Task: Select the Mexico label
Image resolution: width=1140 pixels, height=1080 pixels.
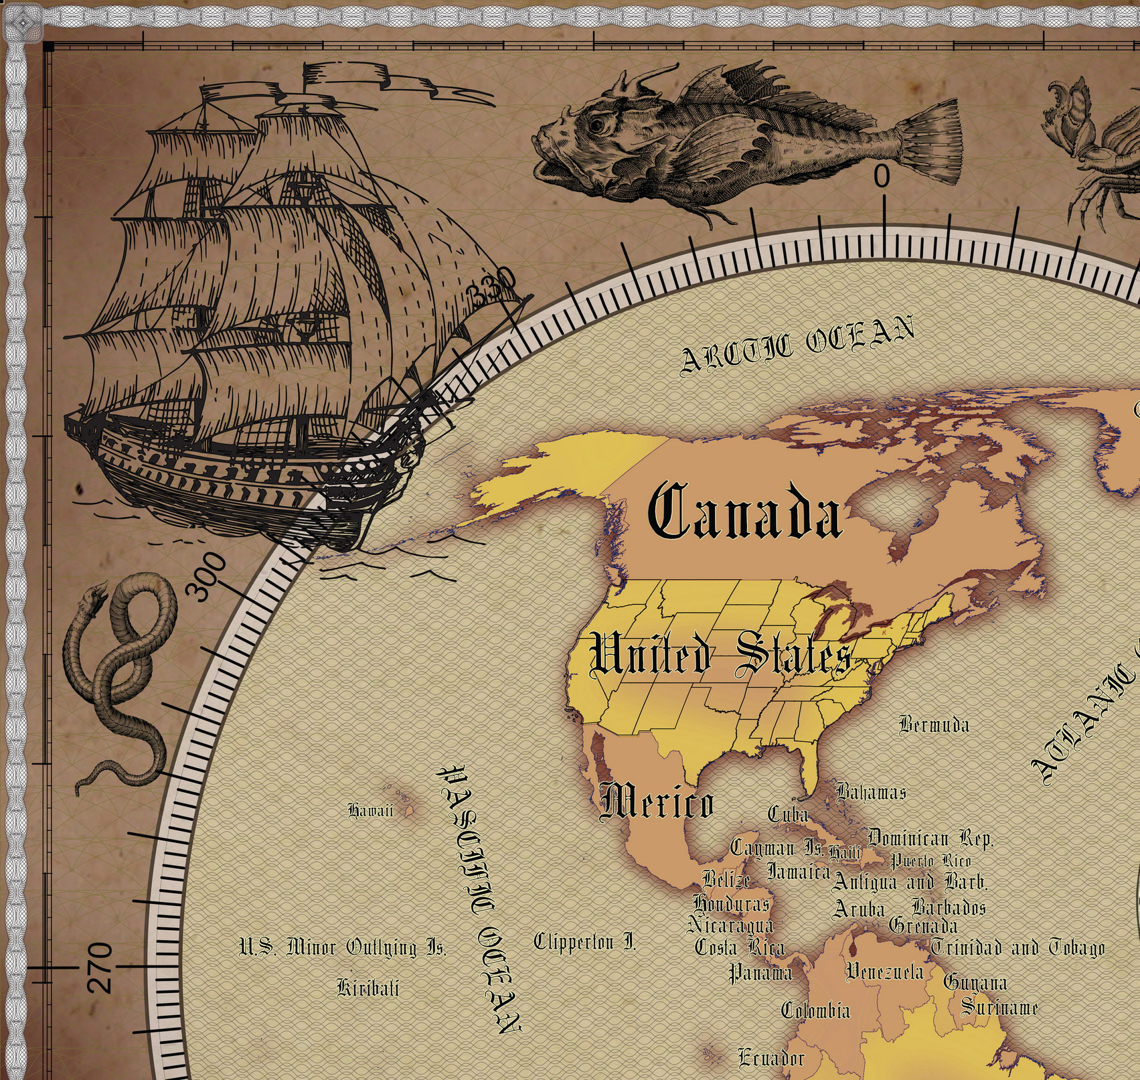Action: click(657, 802)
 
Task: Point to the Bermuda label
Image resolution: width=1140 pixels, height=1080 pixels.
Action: click(934, 724)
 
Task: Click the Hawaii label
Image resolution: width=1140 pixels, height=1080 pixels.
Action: click(370, 811)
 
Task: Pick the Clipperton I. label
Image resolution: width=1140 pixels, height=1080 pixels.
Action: click(584, 943)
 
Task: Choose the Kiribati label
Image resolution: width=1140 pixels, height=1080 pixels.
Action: click(368, 988)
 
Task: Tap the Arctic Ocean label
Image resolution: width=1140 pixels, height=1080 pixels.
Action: click(797, 344)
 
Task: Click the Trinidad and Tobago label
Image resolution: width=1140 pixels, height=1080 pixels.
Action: click(1017, 948)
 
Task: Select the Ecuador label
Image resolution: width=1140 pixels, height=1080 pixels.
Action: click(771, 1058)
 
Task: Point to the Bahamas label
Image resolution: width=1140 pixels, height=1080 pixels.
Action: click(871, 792)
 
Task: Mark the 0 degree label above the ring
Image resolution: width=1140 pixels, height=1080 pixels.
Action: click(882, 177)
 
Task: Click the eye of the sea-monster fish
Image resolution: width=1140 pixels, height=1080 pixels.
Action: click(595, 124)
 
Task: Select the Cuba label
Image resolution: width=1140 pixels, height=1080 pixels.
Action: click(788, 814)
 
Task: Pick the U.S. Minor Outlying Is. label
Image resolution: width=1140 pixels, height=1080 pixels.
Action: click(343, 947)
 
